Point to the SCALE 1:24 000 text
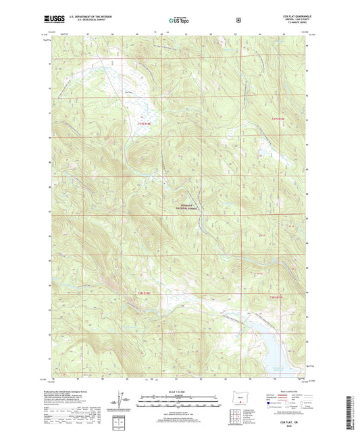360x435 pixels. click(180, 391)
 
